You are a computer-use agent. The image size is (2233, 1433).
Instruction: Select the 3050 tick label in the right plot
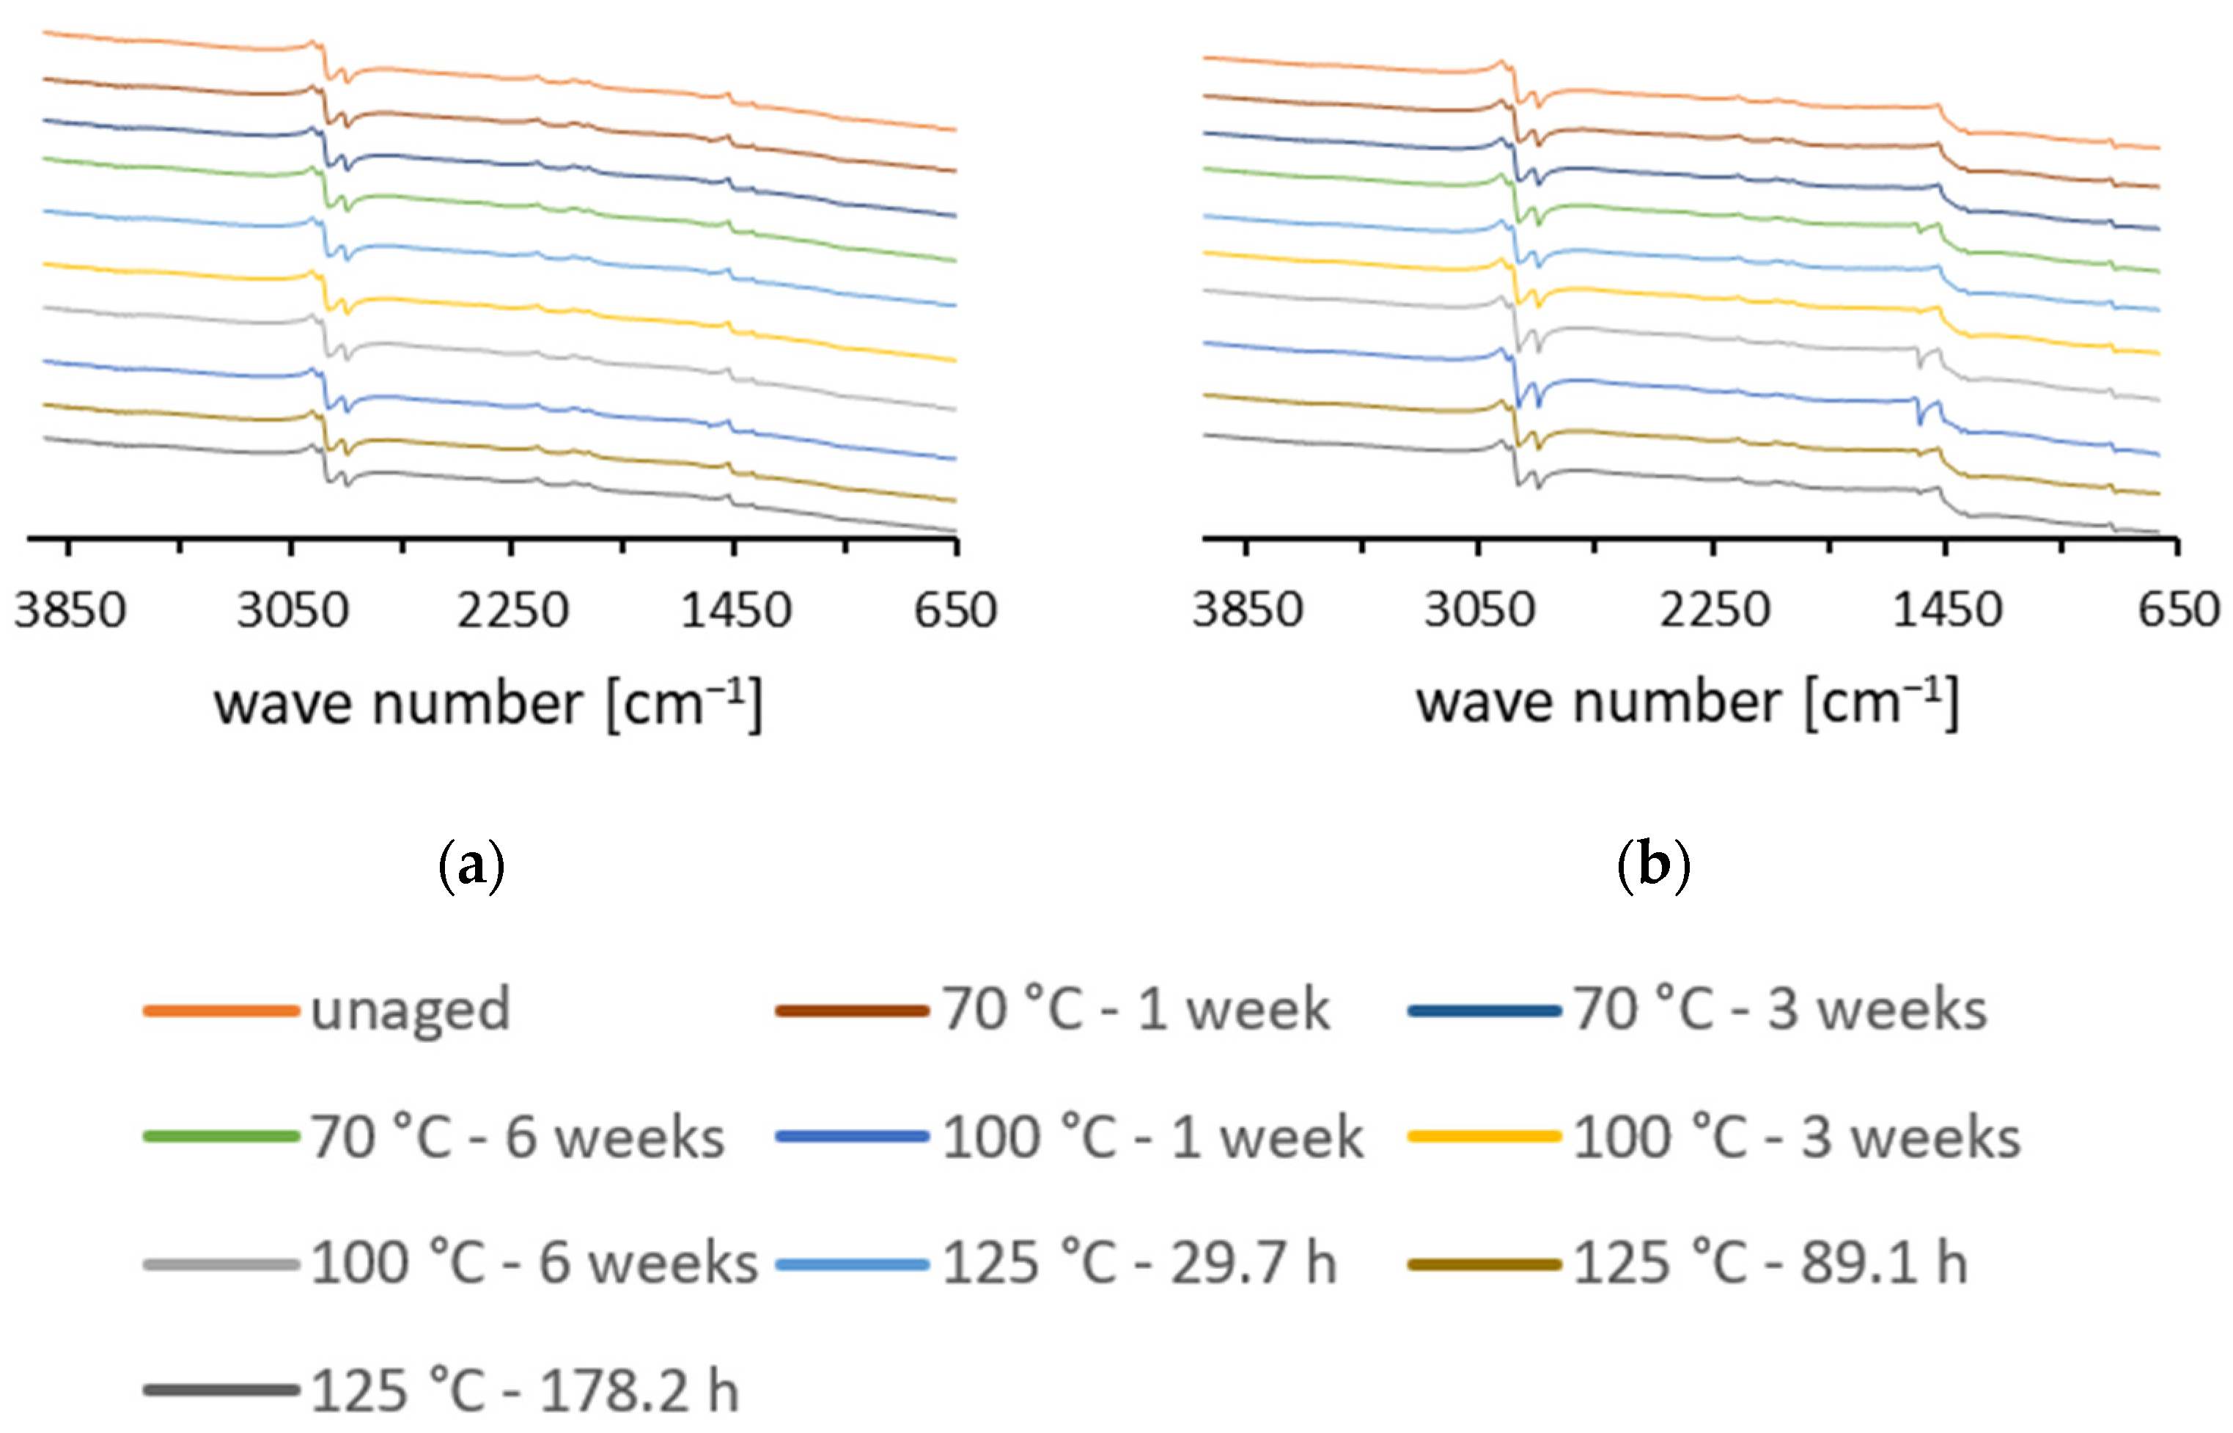1479,610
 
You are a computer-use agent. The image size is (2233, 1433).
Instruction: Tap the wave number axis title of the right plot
1687,703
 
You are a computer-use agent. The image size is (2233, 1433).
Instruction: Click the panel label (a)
471,866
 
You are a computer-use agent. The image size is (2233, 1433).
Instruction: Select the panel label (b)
1654,866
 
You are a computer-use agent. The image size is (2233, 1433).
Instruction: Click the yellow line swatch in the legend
1485,1136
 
